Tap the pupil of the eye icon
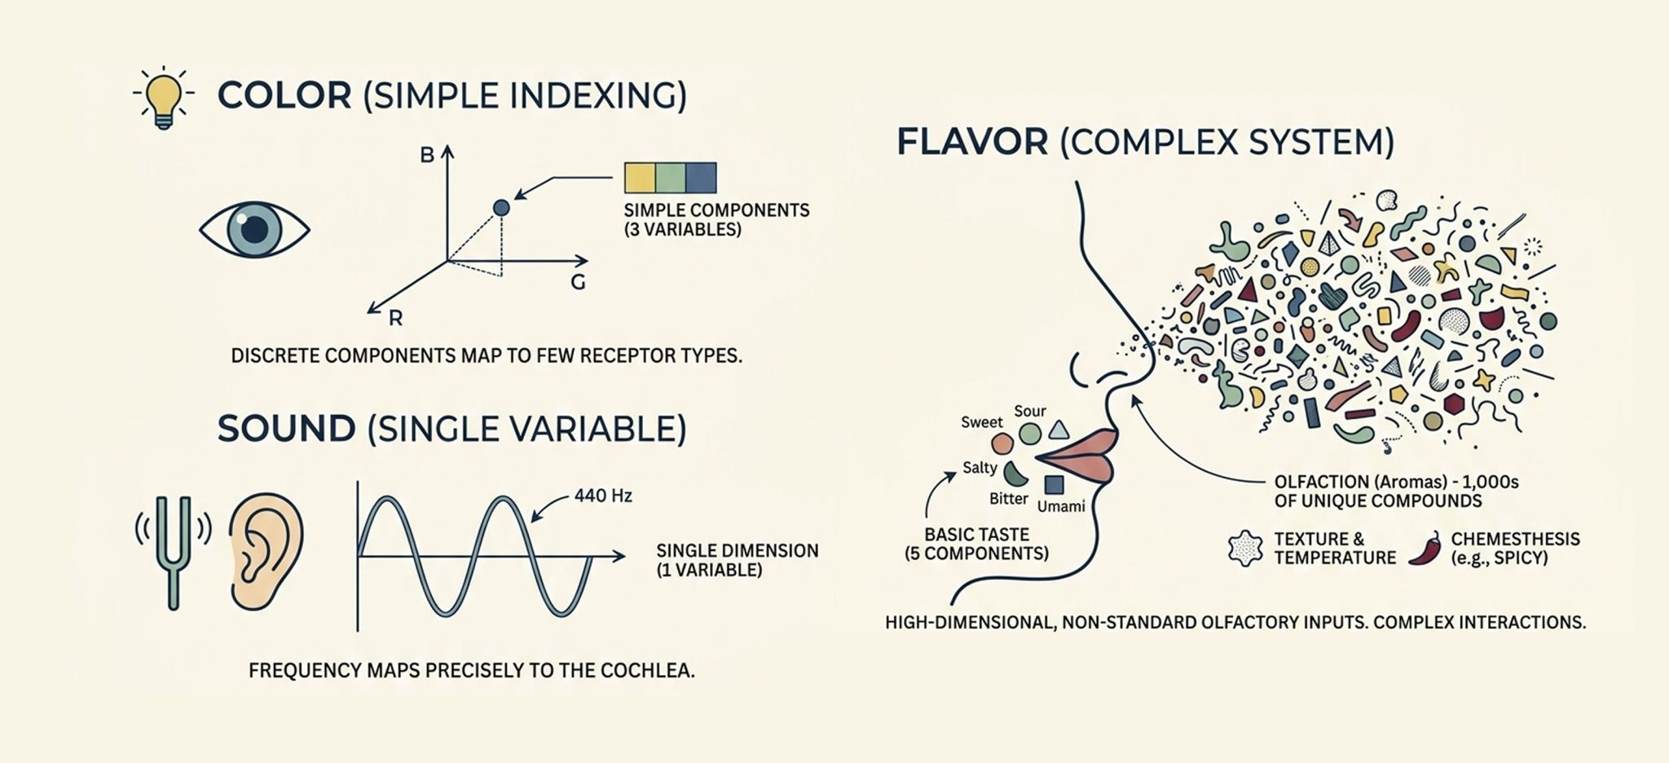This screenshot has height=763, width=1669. pos(254,229)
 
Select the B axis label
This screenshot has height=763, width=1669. pos(427,155)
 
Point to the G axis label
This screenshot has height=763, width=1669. pos(578,283)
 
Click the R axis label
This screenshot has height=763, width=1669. pos(395,319)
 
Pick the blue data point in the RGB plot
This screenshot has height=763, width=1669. pos(501,208)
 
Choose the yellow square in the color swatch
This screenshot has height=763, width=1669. pos(640,178)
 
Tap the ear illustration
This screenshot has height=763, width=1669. pos(266,551)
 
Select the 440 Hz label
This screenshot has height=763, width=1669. pos(603,496)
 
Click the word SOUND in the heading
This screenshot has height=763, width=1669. pos(286,430)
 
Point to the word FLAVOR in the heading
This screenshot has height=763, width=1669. pos(971,143)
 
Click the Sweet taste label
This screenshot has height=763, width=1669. pos(981,422)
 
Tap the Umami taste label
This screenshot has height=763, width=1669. pos(1061,506)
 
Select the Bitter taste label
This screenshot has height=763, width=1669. pos(1008,498)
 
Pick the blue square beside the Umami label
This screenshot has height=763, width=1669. pos(1054,484)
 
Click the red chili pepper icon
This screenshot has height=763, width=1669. pos(1425,549)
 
